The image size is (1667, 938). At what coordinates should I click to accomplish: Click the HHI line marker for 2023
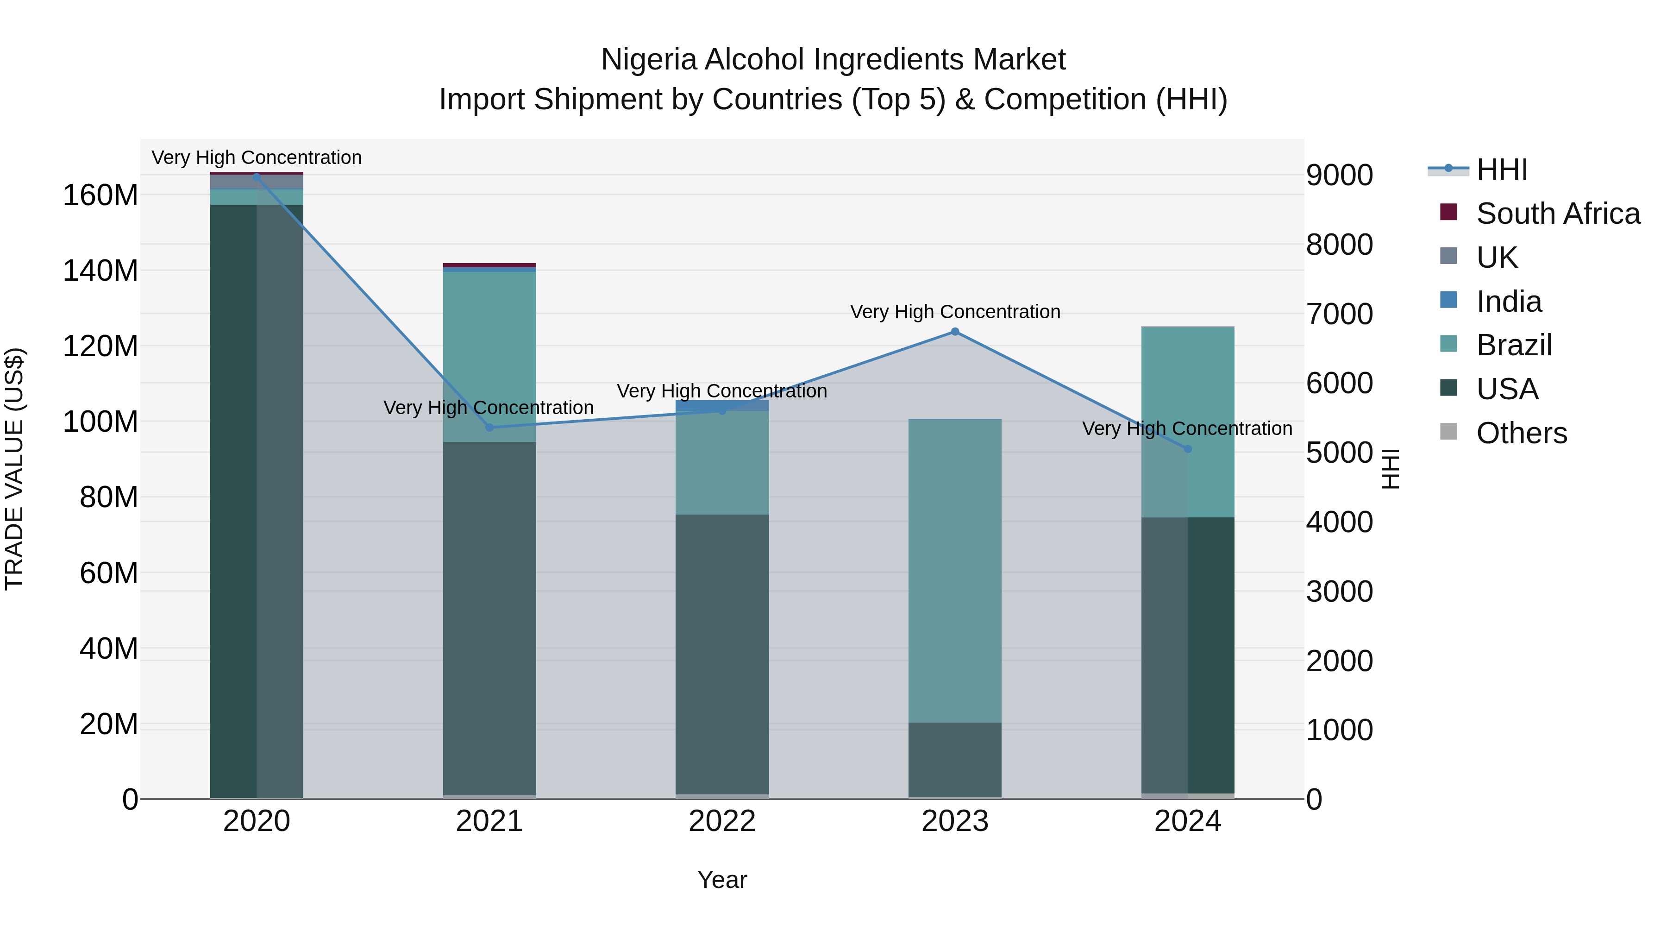point(954,332)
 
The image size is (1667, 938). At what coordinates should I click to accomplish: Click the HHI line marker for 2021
point(489,427)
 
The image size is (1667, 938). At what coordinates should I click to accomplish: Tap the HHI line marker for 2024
point(1187,448)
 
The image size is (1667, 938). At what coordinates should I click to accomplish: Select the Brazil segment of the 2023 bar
point(954,570)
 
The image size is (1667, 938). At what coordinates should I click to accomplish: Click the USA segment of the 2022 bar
point(722,654)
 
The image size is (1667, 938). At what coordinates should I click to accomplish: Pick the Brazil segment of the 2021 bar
point(489,356)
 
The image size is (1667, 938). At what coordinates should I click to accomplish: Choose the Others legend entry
point(1521,433)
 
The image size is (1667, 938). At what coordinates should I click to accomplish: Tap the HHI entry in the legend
point(1501,170)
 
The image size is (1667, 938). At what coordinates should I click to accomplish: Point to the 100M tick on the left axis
point(100,422)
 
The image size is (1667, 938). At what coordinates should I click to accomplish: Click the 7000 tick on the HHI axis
point(1339,314)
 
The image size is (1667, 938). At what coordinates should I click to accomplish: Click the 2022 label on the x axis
point(722,821)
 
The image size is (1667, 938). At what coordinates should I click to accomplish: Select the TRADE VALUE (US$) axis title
point(15,469)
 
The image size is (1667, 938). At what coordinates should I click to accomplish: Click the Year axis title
point(722,880)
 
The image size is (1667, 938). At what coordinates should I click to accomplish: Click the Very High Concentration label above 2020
point(256,158)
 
